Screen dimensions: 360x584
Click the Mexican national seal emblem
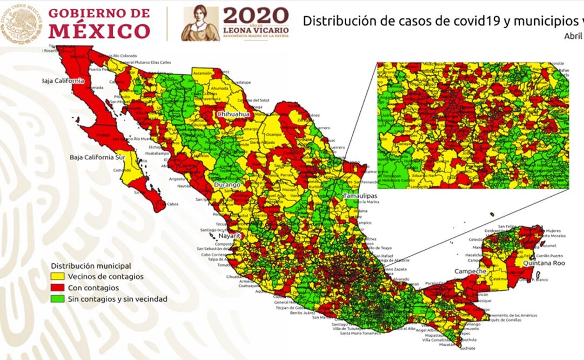click(x=21, y=23)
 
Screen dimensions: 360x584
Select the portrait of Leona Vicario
click(x=200, y=24)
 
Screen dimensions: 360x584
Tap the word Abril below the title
click(x=573, y=36)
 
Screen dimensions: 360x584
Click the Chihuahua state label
click(x=233, y=115)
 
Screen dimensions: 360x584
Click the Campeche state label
click(x=470, y=271)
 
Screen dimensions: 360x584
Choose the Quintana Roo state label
click(x=543, y=263)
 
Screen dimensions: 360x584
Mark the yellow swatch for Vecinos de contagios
click(x=58, y=277)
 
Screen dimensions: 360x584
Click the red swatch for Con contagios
click(x=58, y=288)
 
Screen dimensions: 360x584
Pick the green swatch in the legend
click(x=58, y=299)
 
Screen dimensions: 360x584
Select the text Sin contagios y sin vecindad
click(x=117, y=299)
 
